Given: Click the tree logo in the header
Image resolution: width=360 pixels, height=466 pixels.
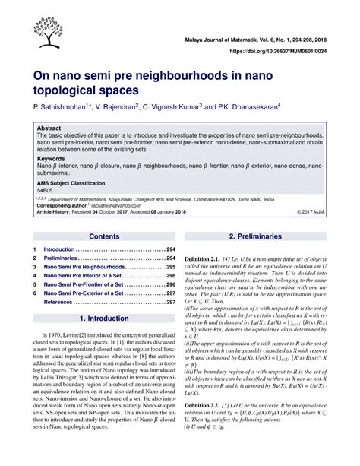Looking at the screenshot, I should point(39,31).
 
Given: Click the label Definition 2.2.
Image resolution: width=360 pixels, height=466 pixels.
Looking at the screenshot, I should point(206,429).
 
